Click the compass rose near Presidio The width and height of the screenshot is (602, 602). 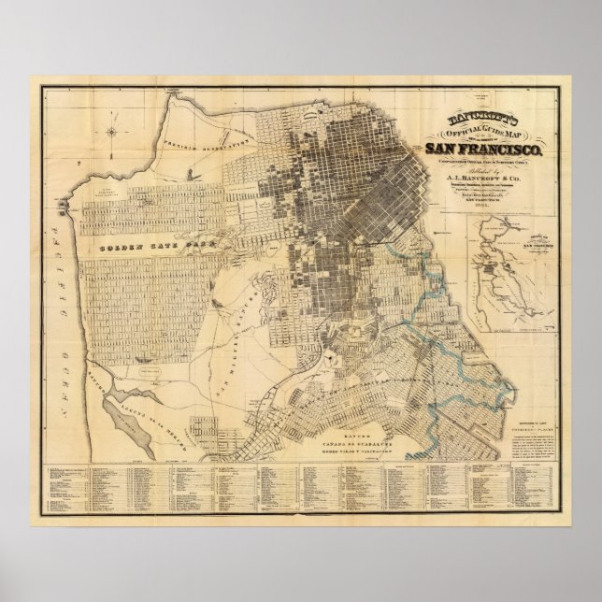point(111,131)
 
